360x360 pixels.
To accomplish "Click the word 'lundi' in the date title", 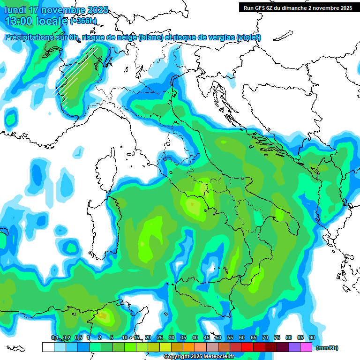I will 15,10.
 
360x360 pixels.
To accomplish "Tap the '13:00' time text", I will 18,21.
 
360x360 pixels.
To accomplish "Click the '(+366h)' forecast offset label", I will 83,21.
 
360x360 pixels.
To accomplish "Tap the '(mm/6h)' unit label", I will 327,348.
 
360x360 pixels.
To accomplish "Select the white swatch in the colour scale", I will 48,347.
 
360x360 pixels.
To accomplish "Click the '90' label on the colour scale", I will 312,337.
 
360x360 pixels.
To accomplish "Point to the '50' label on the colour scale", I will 218,337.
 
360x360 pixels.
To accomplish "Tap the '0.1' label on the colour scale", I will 55,337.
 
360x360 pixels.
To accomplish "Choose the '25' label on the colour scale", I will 159,337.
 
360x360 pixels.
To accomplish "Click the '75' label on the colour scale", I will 277,337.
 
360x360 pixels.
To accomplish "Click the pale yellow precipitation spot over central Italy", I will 193,204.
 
